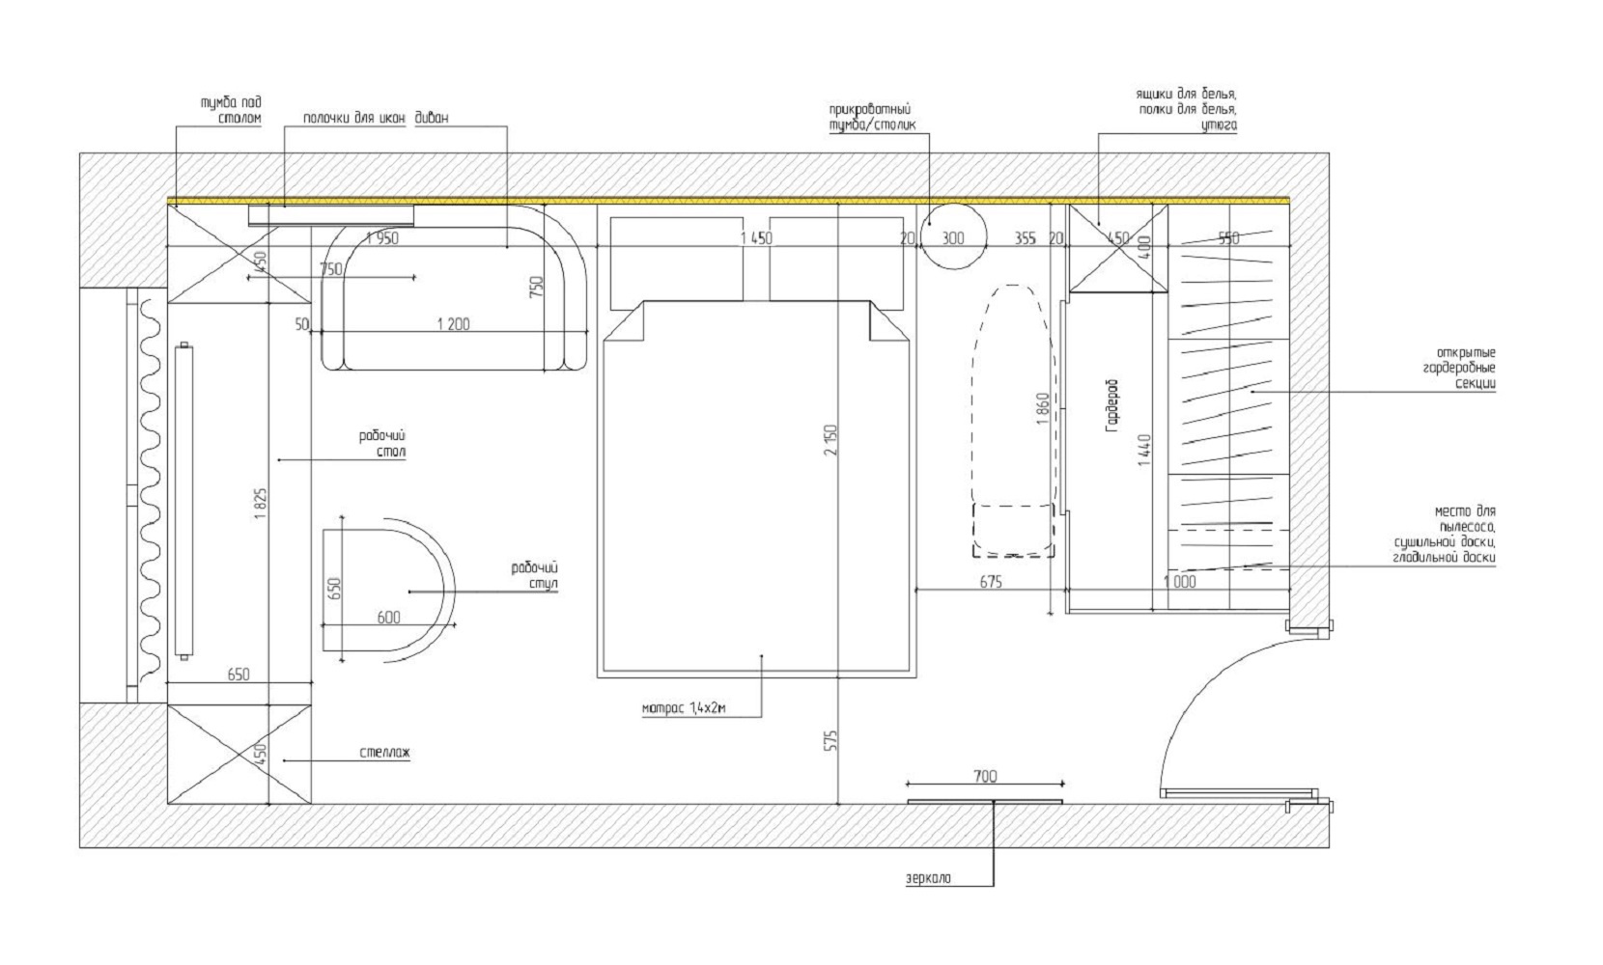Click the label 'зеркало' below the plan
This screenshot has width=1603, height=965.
[928, 878]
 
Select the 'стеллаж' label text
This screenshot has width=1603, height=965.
[385, 753]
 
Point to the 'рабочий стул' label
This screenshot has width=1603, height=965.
[535, 576]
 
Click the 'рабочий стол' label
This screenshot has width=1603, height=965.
[382, 444]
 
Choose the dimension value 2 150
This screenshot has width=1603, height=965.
[830, 440]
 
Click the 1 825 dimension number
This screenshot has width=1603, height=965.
[261, 505]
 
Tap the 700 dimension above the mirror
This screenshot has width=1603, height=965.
[985, 776]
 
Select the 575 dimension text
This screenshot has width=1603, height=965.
[830, 740]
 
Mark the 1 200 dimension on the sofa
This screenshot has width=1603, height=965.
[454, 324]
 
